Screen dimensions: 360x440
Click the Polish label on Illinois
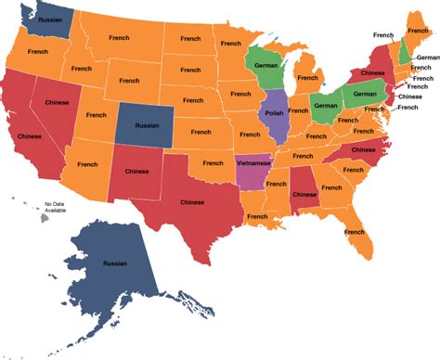[x=274, y=113]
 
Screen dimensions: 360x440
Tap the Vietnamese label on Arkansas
[x=254, y=161]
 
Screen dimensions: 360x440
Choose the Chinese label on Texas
[x=192, y=202]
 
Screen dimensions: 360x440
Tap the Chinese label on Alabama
[x=304, y=195]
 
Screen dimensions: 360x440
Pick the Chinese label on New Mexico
[x=137, y=171]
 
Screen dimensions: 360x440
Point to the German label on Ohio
[x=325, y=106]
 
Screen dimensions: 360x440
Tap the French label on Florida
[x=354, y=231]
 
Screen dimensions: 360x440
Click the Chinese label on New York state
[x=372, y=71]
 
